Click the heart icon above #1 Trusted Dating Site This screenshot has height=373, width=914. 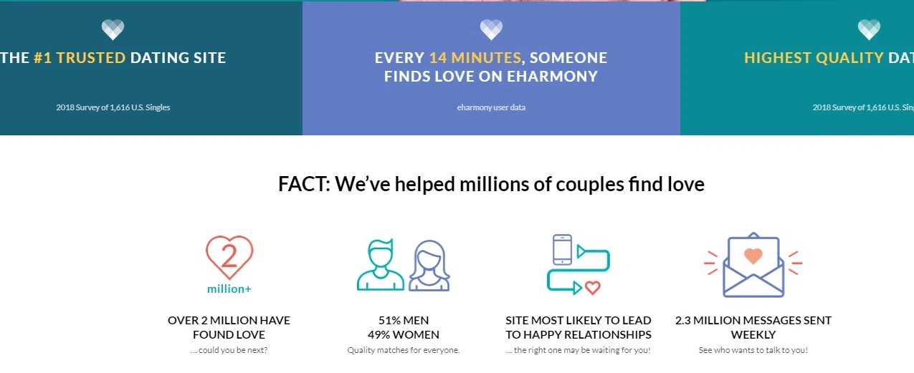(x=113, y=29)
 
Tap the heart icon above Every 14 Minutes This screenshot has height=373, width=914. (x=491, y=29)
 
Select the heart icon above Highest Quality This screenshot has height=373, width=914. (x=869, y=29)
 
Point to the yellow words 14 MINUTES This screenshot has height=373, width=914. (x=475, y=58)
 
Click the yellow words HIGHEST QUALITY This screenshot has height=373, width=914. (x=814, y=58)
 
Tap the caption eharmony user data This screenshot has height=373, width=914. (x=491, y=107)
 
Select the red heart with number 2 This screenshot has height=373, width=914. (x=229, y=257)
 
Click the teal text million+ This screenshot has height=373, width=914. (x=229, y=289)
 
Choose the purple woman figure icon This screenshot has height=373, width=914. (x=429, y=266)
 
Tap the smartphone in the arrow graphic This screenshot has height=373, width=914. (x=563, y=250)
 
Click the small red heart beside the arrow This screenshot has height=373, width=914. (x=592, y=288)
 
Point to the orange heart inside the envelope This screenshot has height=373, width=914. (x=753, y=256)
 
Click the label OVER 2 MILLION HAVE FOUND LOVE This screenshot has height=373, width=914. (x=229, y=327)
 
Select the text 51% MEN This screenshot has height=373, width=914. (x=404, y=320)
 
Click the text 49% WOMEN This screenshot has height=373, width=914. (x=404, y=334)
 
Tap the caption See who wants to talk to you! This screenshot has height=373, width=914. (x=753, y=350)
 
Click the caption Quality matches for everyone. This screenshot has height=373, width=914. (x=404, y=350)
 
